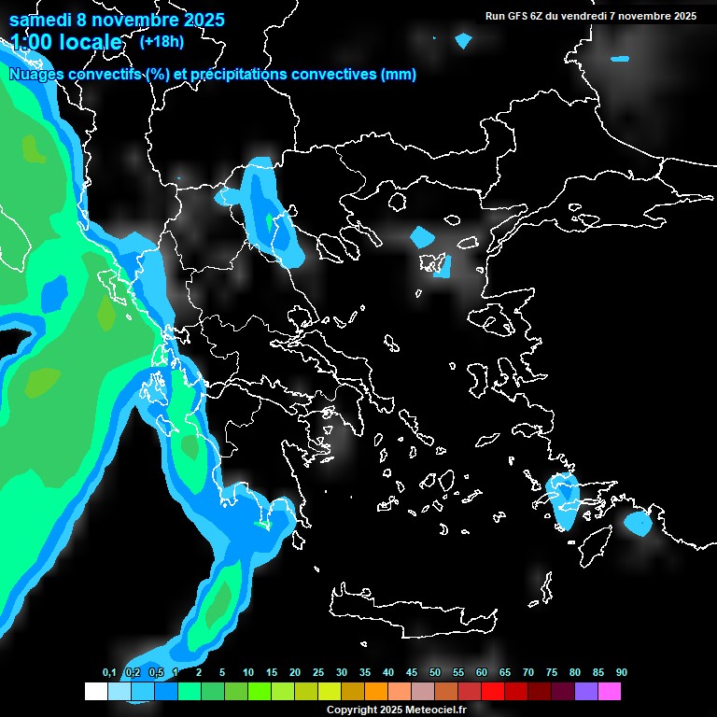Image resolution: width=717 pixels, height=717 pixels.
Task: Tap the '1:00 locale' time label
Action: tap(66, 42)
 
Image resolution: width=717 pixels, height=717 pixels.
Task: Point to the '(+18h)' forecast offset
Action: tap(161, 41)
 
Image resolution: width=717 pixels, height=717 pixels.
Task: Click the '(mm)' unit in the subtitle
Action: tap(399, 75)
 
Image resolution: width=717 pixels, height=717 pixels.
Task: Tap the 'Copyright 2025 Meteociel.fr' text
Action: tap(396, 710)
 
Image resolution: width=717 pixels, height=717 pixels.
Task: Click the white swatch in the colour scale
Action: tap(95, 691)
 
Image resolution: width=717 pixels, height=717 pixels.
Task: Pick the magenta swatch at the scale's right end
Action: tap(610, 691)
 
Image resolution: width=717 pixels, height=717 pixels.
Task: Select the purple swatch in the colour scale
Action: tap(585, 691)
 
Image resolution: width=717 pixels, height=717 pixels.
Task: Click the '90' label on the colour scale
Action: tap(621, 673)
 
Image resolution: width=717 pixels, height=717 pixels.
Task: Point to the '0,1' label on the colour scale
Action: tap(108, 673)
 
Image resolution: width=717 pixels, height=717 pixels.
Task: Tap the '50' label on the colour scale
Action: tap(435, 673)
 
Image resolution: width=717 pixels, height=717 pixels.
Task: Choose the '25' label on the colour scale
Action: tap(318, 673)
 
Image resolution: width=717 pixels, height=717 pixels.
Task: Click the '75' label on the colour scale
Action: tap(552, 673)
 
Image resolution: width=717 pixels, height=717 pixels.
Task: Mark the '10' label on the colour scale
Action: tap(248, 673)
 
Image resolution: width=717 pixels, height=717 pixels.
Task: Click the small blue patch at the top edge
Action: tap(463, 41)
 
